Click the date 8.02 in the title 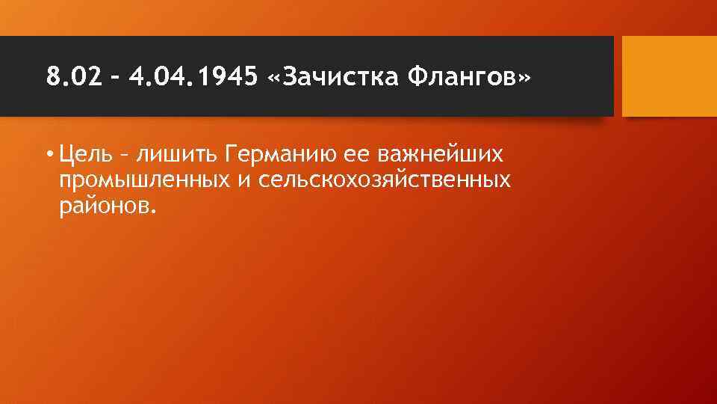72,76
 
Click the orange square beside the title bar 668,76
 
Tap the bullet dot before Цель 49,156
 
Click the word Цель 84,155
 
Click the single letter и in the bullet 244,181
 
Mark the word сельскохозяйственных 385,180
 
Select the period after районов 155,210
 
